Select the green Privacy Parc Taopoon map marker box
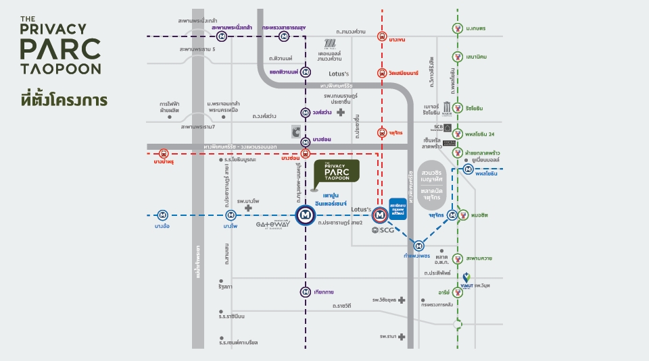tap(337, 175)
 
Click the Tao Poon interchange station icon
tap(306, 215)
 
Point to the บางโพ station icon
tap(231, 215)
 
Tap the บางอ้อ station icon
tap(162, 215)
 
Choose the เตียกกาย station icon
tap(306, 292)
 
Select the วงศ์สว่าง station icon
tap(306, 113)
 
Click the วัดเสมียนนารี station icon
tap(382, 72)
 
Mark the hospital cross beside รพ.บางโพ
tap(249, 209)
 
